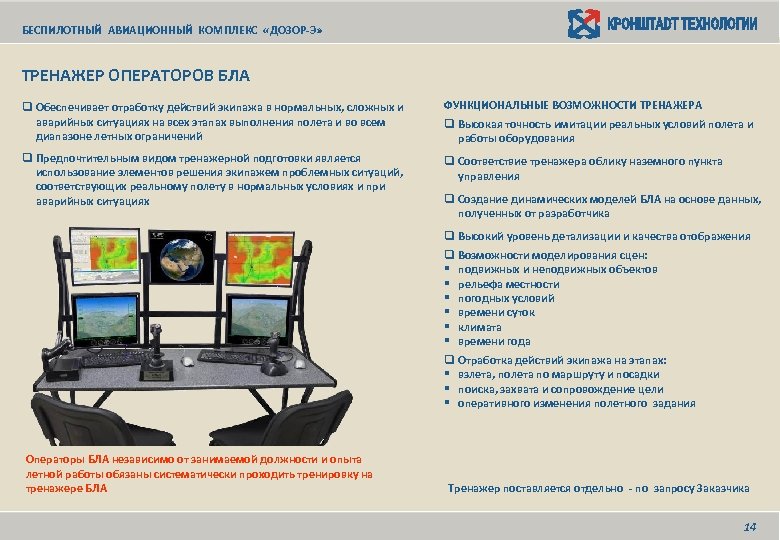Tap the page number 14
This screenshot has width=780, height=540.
749,526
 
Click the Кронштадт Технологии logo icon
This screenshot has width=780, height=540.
584,23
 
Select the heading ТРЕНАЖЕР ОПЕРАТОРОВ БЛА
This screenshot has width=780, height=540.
136,75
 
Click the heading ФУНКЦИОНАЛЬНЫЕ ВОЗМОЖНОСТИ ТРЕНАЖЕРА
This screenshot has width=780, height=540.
573,105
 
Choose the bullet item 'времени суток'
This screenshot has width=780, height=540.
496,312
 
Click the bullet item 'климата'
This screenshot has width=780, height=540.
480,326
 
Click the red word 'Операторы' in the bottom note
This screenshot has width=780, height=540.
54,458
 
